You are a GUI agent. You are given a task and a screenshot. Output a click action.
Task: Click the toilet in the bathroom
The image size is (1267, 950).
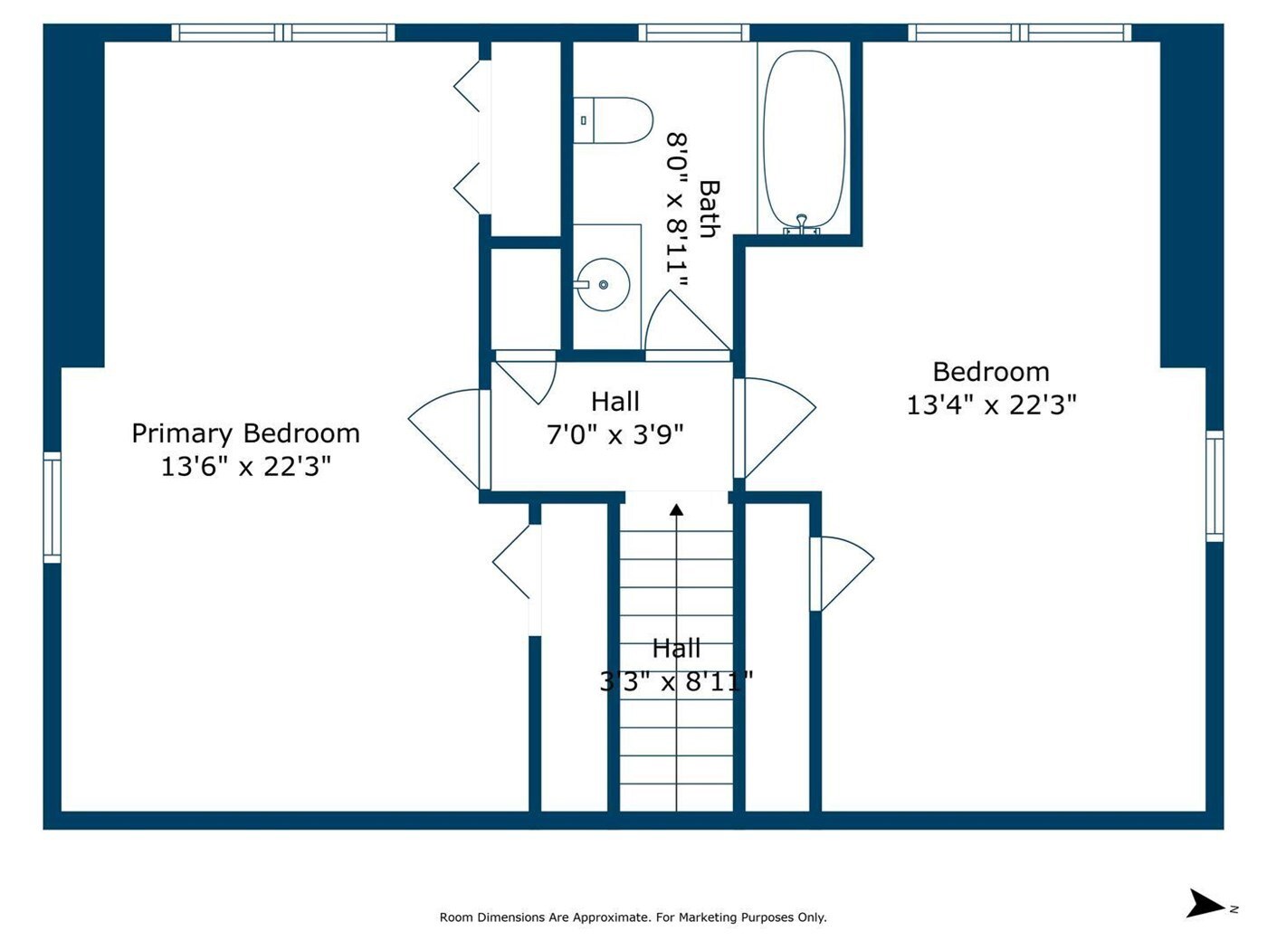613,120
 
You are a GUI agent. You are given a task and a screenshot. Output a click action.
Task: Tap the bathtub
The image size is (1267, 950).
804,141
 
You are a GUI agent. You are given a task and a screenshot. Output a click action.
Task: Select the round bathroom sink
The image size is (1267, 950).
604,284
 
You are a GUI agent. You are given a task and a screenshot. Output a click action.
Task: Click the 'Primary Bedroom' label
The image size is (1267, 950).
245,433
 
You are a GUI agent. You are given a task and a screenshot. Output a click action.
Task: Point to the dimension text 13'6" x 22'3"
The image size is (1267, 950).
245,466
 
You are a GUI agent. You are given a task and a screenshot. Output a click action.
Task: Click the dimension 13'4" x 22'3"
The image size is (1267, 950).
991,405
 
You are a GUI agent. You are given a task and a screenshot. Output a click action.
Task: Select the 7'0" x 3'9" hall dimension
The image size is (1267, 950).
614,435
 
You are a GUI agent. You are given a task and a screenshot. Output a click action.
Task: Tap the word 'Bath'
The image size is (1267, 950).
710,209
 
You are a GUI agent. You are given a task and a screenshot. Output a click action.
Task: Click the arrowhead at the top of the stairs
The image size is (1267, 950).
677,509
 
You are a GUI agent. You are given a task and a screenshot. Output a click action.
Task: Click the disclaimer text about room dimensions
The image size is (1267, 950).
633,917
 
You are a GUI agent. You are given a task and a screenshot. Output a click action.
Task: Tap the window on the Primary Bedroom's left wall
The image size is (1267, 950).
52,508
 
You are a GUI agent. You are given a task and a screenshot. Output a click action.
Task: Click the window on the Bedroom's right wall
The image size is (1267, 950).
1215,486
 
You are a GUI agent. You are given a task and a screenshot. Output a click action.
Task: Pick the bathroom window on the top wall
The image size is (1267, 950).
694,33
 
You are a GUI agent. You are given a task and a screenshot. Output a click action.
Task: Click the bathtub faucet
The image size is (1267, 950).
801,223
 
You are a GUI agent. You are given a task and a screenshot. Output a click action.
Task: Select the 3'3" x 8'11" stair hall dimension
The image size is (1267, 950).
677,682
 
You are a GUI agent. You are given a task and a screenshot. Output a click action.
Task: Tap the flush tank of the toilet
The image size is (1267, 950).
584,120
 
